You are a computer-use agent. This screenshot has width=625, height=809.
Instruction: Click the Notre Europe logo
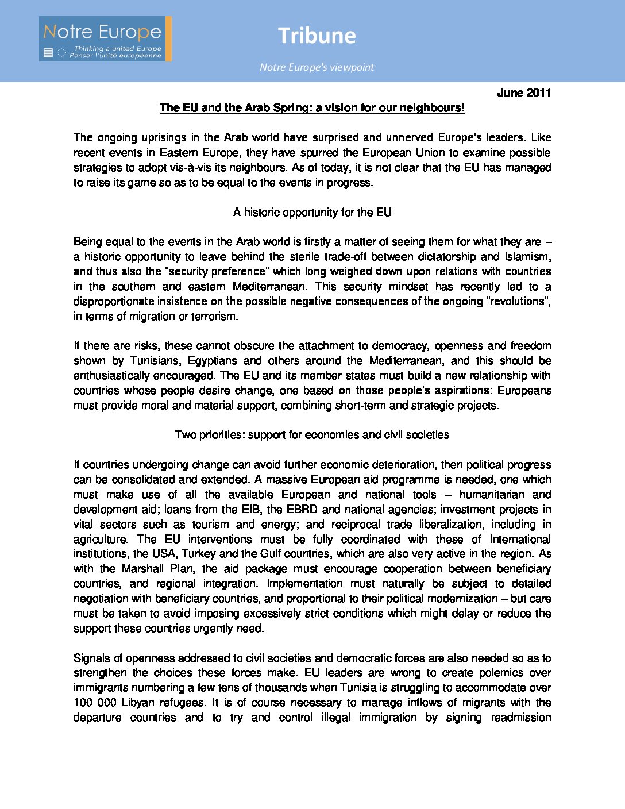click(x=105, y=38)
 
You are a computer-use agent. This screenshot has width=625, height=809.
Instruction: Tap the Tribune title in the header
click(x=317, y=36)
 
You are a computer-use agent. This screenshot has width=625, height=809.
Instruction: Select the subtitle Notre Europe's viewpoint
click(x=317, y=67)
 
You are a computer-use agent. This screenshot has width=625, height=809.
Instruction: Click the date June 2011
click(x=524, y=93)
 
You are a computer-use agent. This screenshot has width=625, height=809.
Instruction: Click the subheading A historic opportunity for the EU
click(x=312, y=212)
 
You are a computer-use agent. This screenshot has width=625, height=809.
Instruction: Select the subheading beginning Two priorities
click(x=312, y=434)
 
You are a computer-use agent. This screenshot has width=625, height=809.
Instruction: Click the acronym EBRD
click(x=302, y=509)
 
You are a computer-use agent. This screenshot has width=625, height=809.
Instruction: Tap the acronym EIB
click(x=252, y=509)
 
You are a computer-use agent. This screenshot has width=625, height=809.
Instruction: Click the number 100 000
click(x=95, y=702)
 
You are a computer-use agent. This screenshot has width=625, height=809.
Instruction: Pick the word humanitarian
click(x=491, y=494)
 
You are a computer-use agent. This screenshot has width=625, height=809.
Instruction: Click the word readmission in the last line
click(x=520, y=717)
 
